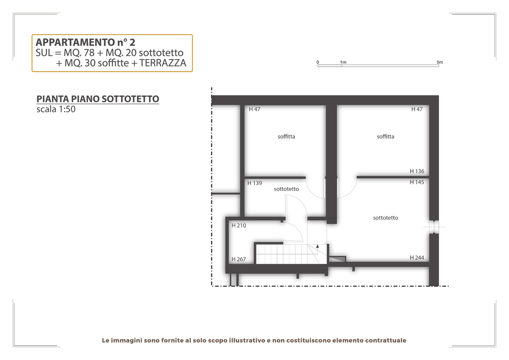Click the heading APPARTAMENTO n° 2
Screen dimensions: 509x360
pyautogui.click(x=85, y=42)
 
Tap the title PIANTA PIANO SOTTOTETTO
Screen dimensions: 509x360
pyautogui.click(x=98, y=98)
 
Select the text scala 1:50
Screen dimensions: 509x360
pyautogui.click(x=56, y=109)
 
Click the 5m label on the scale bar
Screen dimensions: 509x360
pyautogui.click(x=439, y=62)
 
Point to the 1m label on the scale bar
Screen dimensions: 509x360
pyautogui.click(x=343, y=62)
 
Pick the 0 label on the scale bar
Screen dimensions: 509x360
pyautogui.click(x=318, y=62)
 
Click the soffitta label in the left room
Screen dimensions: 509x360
pyautogui.click(x=286, y=137)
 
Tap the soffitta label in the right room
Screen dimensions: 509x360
pyautogui.click(x=386, y=137)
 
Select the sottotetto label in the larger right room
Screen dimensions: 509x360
pyautogui.click(x=386, y=218)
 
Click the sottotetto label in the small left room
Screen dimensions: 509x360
pyautogui.click(x=286, y=189)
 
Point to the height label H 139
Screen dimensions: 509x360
pyautogui.click(x=254, y=183)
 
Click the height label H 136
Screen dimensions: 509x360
pyautogui.click(x=417, y=171)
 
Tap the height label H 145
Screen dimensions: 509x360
pyautogui.click(x=417, y=182)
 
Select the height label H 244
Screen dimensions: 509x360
pyautogui.click(x=417, y=258)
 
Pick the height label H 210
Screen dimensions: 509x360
pyautogui.click(x=239, y=225)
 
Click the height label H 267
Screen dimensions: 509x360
pyautogui.click(x=239, y=259)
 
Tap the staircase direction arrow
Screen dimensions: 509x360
pyautogui.click(x=318, y=247)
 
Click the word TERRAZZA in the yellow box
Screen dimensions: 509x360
pyautogui.click(x=163, y=63)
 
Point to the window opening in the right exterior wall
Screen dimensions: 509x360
pyautogui.click(x=434, y=227)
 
